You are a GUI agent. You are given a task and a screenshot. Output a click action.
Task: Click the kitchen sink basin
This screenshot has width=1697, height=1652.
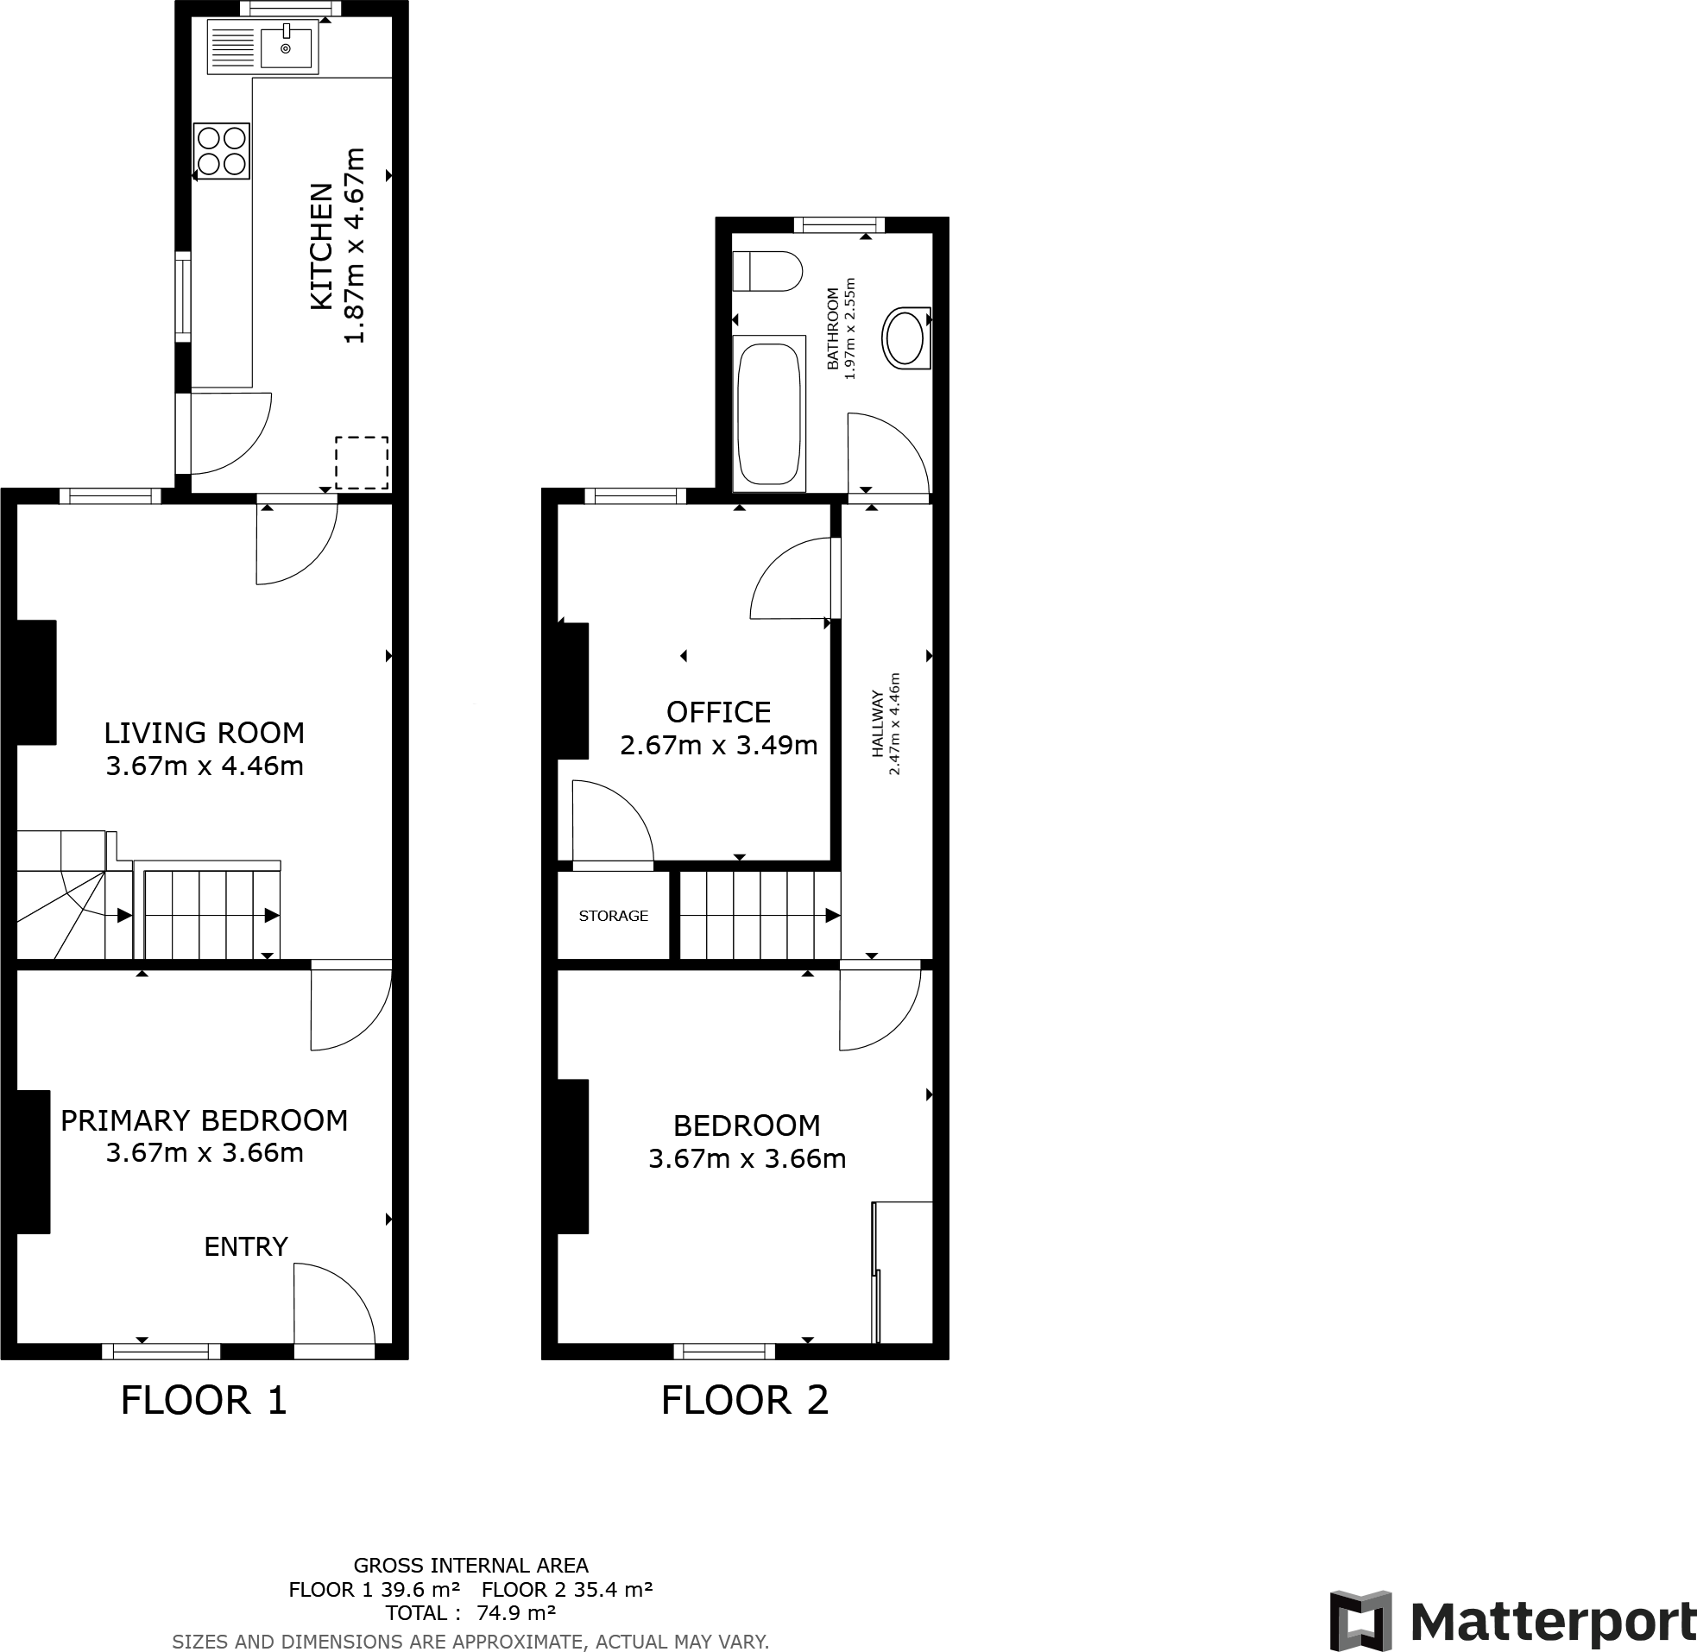click(286, 47)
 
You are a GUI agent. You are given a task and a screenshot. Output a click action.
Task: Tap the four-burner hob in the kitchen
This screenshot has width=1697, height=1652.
click(221, 151)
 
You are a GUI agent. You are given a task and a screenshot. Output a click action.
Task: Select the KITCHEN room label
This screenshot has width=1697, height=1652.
click(321, 245)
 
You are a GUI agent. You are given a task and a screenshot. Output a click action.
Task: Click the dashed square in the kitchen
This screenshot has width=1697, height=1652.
click(361, 463)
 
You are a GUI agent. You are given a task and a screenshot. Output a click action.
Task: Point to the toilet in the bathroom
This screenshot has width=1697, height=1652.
click(767, 272)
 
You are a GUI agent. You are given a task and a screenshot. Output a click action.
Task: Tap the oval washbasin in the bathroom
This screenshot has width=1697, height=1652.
click(905, 338)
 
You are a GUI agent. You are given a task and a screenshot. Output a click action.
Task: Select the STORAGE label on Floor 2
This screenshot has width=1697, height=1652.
click(614, 916)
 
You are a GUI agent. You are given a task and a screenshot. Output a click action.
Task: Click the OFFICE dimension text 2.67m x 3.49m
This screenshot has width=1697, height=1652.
click(718, 746)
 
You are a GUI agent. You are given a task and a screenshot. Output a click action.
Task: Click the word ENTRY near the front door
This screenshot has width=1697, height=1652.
click(245, 1247)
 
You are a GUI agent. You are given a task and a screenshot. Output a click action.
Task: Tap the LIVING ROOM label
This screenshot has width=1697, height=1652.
click(205, 733)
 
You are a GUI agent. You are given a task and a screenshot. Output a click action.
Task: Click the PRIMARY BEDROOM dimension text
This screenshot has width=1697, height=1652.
click(205, 1153)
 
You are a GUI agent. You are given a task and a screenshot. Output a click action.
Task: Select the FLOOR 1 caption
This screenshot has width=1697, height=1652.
click(204, 1400)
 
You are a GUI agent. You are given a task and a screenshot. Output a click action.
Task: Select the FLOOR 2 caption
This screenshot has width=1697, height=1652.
click(744, 1400)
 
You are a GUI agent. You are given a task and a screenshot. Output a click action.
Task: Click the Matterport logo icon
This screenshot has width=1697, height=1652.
click(1360, 1621)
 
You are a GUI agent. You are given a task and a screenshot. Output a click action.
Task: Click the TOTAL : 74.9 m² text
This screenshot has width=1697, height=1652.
click(471, 1612)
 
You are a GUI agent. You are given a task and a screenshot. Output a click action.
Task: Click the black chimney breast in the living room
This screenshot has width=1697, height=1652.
click(36, 682)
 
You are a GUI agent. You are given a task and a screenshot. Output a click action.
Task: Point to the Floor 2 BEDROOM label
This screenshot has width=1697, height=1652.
click(747, 1126)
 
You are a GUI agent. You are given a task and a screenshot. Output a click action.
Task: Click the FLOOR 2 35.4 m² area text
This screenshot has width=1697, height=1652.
click(566, 1590)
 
